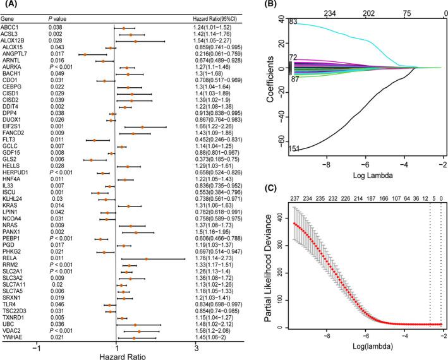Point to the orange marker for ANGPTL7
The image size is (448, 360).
pyautogui.click(x=85, y=55)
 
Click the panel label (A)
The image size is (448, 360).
pyautogui.click(x=11, y=6)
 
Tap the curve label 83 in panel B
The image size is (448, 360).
pyautogui.click(x=293, y=22)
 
